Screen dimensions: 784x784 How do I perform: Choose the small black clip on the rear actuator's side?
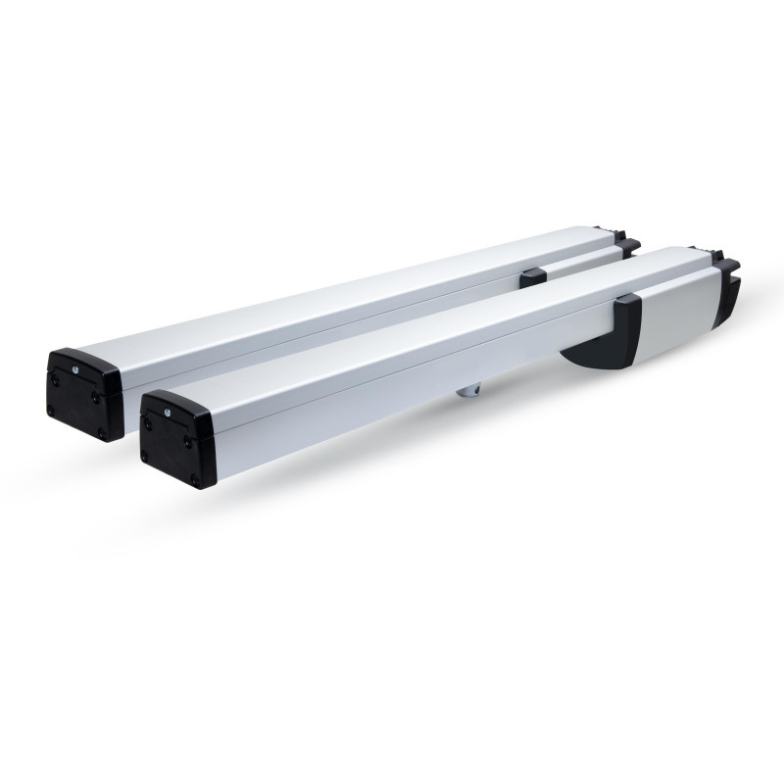(533, 278)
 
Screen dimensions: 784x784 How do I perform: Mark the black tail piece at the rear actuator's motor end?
(627, 247)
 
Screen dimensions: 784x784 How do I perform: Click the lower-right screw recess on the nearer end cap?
(196, 478)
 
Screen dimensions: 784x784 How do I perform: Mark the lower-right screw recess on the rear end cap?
(99, 431)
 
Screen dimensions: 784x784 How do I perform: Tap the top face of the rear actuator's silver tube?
(343, 294)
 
